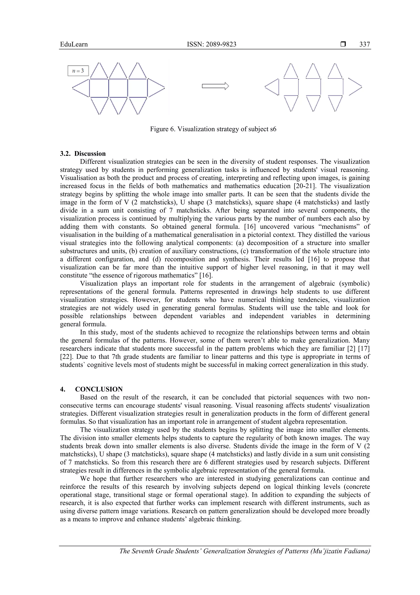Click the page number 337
pyautogui.click(x=364, y=44)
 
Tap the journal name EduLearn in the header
pyautogui.click(x=74, y=44)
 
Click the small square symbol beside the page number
pyautogui.click(x=343, y=44)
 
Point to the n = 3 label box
pyautogui.click(x=78, y=71)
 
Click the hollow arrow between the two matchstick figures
pyautogui.click(x=215, y=86)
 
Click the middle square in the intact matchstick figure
pyautogui.click(x=118, y=88)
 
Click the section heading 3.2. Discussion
pyautogui.click(x=83, y=154)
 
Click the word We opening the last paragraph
pyautogui.click(x=85, y=479)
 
